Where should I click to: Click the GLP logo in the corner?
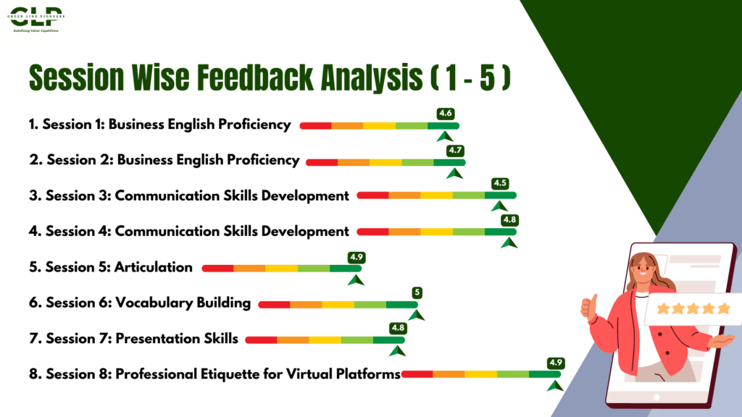(36, 19)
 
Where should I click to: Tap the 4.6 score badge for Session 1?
(446, 114)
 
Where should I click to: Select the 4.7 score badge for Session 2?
(455, 151)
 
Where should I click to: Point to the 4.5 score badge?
(500, 183)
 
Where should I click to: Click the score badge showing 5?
(417, 292)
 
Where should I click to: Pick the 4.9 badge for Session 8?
(556, 363)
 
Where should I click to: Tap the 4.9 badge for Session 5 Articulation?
(357, 257)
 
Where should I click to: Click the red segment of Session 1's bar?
(316, 126)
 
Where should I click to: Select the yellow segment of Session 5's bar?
(282, 269)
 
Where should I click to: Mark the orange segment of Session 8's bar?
(449, 374)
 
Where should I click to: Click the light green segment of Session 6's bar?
(370, 305)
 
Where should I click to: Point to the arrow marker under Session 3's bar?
(499, 206)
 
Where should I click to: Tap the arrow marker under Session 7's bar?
(398, 351)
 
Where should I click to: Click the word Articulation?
(154, 267)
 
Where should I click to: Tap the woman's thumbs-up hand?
(588, 306)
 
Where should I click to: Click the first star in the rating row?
(663, 308)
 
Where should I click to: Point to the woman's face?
(643, 269)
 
